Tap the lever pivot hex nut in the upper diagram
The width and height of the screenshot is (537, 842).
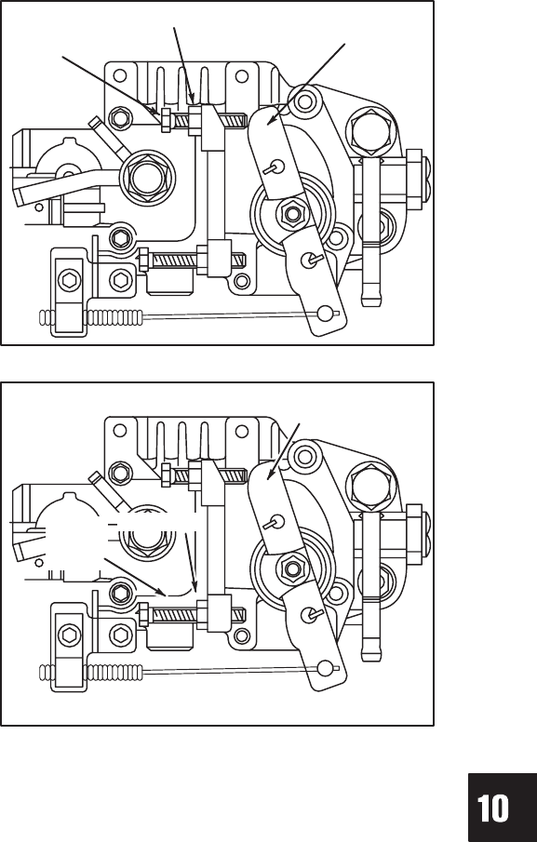coord(292,214)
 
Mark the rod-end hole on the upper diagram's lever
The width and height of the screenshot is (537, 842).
coord(324,313)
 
